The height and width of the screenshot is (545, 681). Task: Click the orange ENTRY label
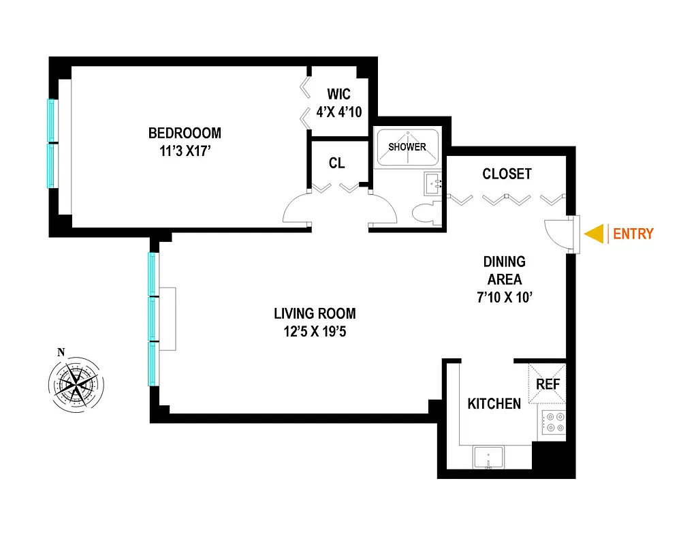pos(633,234)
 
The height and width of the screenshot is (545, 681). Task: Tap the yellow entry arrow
pos(596,234)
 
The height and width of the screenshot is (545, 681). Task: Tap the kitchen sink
pos(488,457)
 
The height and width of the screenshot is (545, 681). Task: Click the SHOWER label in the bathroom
pos(407,146)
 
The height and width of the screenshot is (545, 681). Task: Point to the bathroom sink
pos(432,183)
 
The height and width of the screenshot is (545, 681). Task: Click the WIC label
pos(338,95)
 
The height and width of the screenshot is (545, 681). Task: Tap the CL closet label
pos(336,163)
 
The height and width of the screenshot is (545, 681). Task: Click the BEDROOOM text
pos(185,133)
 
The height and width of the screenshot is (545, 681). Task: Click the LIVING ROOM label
pos(315,313)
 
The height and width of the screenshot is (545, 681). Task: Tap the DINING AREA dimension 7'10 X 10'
pos(504,296)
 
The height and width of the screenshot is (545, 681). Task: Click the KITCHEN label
pos(494,403)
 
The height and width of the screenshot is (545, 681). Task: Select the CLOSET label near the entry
pos(507,174)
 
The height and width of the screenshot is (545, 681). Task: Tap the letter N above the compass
pos(61,352)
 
